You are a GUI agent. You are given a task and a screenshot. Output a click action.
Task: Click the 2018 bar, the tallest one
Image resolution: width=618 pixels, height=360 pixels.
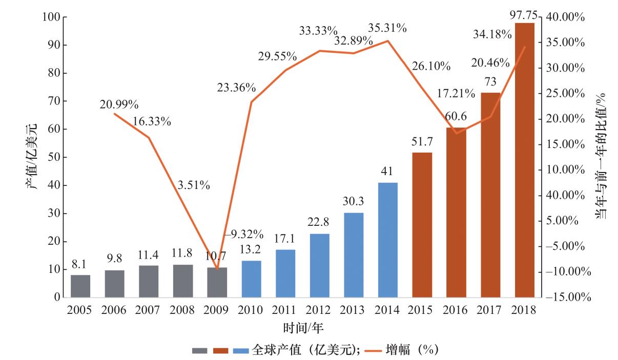click(524, 160)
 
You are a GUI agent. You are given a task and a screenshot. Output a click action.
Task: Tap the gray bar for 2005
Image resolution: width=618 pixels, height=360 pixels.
click(80, 286)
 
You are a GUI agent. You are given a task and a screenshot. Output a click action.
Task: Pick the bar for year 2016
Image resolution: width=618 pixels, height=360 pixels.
click(456, 212)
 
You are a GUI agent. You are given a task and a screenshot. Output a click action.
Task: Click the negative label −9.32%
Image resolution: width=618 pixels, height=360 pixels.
click(245, 235)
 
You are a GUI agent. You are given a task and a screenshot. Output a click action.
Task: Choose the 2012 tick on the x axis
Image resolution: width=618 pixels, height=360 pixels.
click(319, 310)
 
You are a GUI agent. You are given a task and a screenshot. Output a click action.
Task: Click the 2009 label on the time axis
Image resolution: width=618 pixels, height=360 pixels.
click(217, 310)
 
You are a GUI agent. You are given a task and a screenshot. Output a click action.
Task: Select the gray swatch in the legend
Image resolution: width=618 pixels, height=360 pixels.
click(200, 350)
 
